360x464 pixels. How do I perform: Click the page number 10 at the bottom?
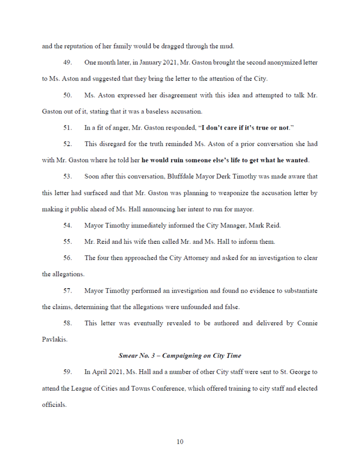click(180, 442)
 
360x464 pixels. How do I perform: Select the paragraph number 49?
click(68, 62)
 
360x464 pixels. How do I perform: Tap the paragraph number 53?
click(68, 176)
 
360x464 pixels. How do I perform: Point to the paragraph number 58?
click(68, 323)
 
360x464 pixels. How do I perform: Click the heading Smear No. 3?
click(180, 356)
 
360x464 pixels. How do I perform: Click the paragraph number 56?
click(68, 258)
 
